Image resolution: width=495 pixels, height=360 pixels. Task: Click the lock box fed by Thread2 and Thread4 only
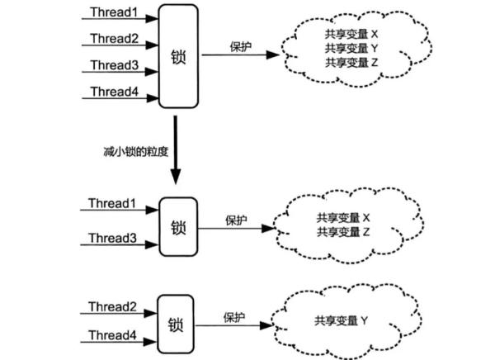(x=175, y=322)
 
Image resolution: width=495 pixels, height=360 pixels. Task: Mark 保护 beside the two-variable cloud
(x=237, y=220)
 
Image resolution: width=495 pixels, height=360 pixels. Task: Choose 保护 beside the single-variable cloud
(x=235, y=316)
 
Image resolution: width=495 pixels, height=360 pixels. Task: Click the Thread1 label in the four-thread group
(x=113, y=14)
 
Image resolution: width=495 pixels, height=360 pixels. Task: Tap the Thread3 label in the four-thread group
(x=113, y=66)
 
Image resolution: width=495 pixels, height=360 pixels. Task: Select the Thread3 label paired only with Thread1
(x=113, y=238)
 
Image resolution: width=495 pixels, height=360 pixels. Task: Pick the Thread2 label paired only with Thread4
(x=113, y=306)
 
